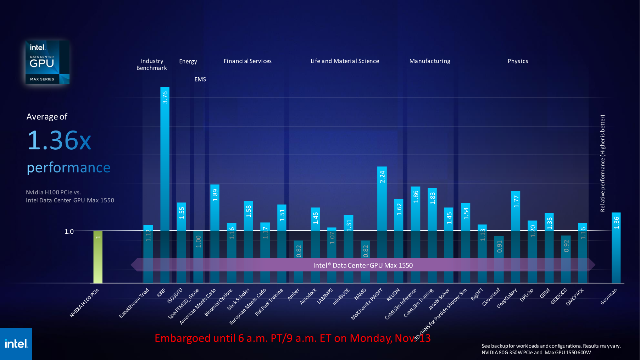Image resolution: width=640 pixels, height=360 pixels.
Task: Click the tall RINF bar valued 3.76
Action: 165,160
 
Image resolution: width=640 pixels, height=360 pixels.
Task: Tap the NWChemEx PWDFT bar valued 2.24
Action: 382,213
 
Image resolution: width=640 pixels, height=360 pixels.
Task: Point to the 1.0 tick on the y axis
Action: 69,232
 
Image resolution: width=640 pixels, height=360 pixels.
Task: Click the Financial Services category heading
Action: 247,61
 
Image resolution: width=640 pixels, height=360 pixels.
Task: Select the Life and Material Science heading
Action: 345,61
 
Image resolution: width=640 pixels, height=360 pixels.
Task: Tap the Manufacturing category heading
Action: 430,61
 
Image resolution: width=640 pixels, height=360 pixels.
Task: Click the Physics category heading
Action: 518,61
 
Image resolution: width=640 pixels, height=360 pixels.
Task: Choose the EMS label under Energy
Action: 200,79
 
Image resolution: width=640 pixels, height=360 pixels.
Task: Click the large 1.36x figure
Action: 59,140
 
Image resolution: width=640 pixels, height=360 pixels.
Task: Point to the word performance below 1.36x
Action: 68,167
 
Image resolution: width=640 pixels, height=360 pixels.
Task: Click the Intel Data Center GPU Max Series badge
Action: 47,62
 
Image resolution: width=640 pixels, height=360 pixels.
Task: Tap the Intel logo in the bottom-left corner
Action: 16,344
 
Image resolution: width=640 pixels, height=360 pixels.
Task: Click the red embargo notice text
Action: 293,338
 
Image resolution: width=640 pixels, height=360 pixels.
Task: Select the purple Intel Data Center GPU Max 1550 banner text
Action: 363,265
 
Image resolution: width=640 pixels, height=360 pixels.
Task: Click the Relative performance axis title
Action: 602,163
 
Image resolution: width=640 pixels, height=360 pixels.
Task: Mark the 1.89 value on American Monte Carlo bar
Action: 215,195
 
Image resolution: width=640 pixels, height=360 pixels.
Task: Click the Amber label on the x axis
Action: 294,294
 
